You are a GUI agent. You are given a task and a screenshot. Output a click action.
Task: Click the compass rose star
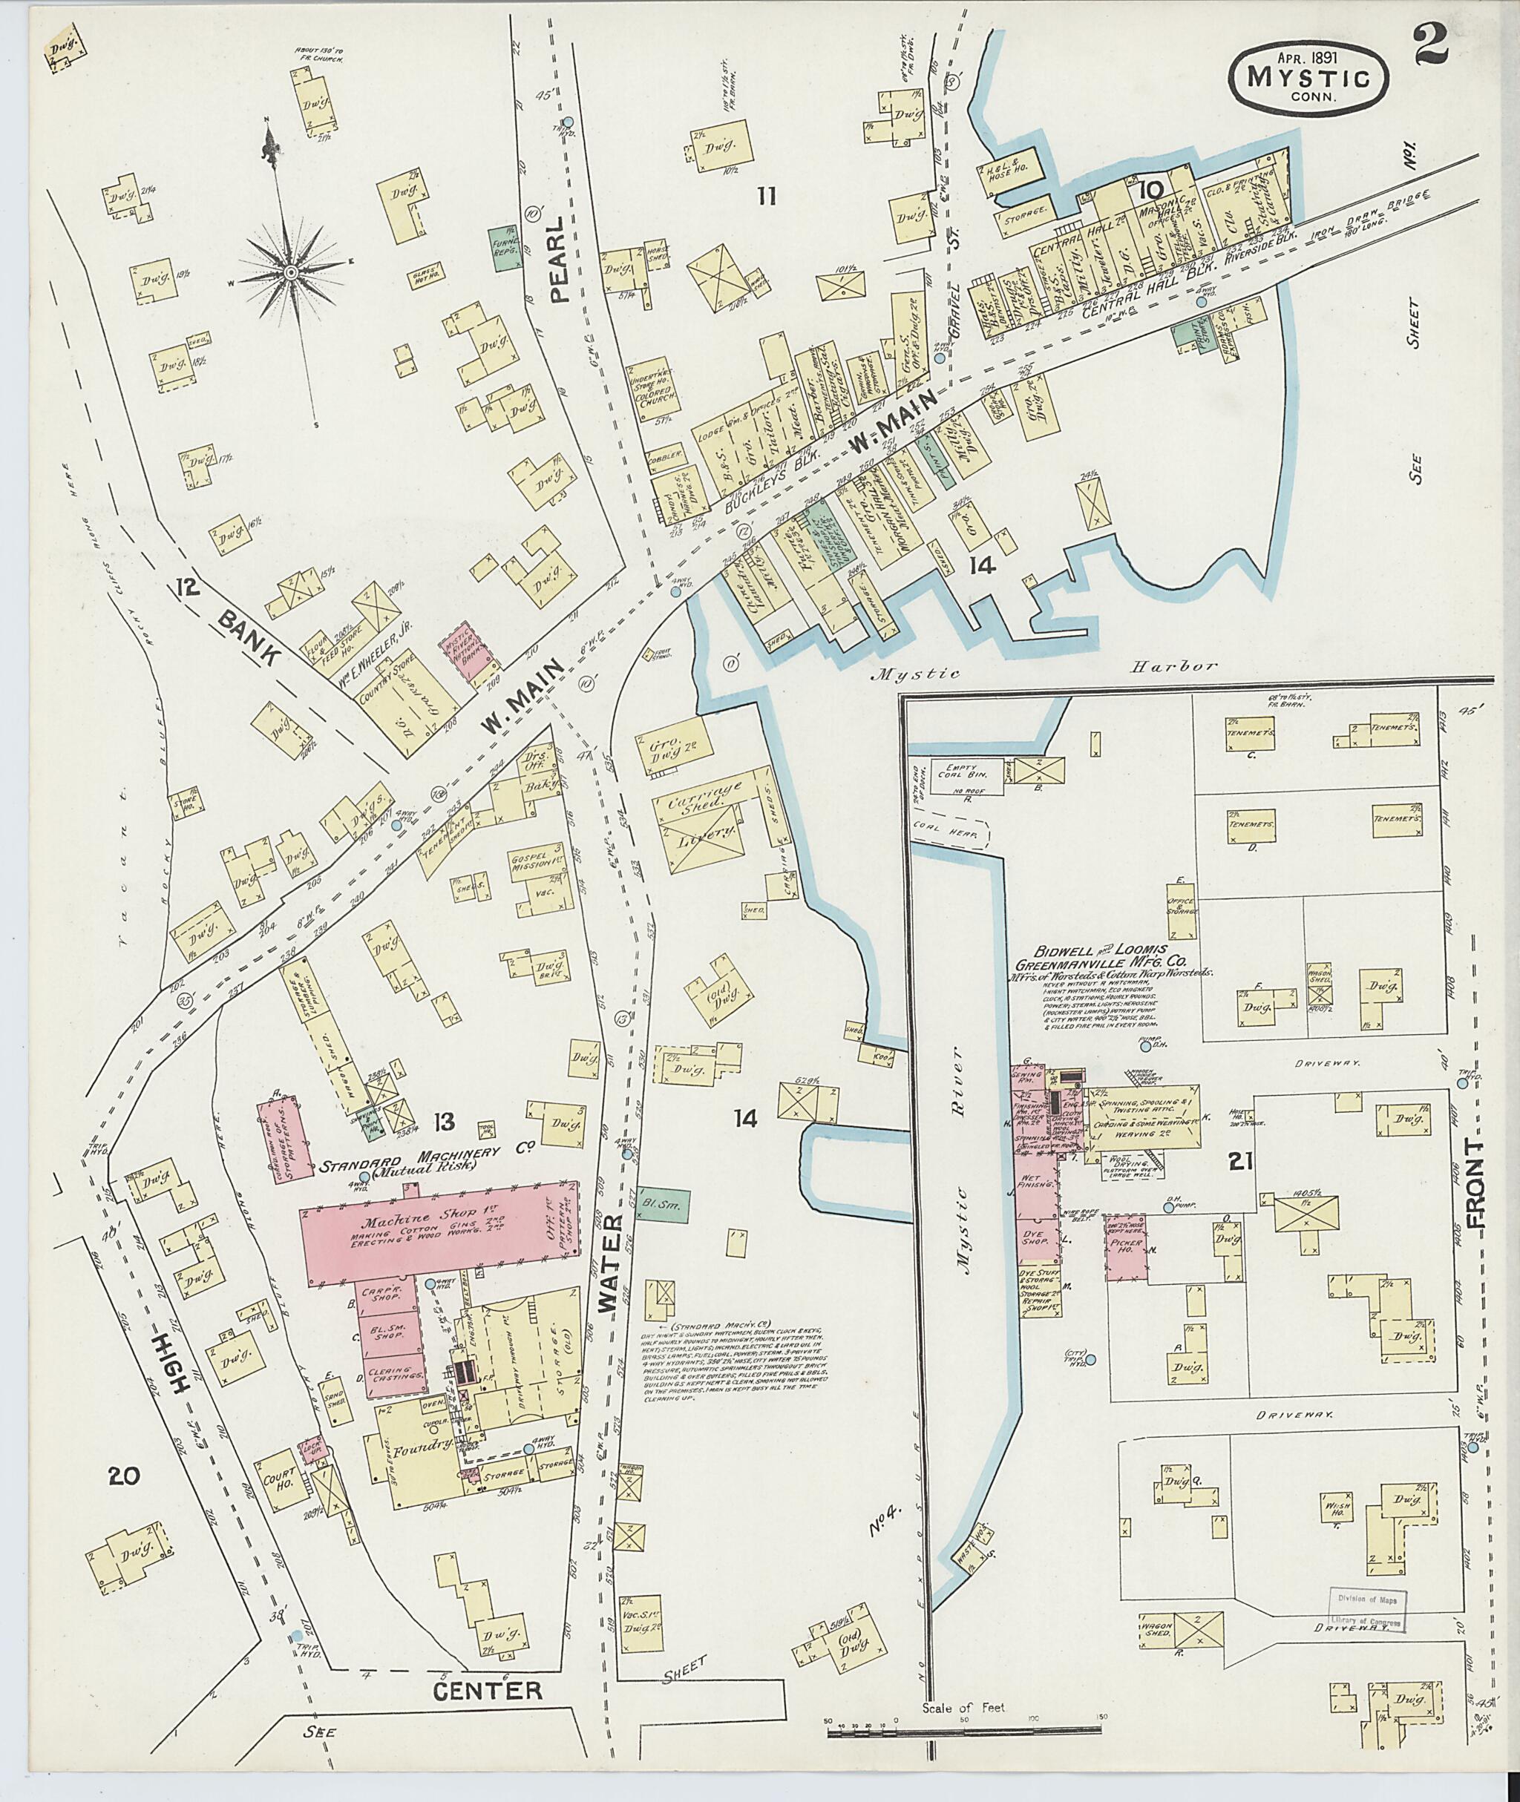click(x=291, y=272)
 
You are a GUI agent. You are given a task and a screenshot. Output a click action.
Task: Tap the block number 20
click(x=125, y=1476)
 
